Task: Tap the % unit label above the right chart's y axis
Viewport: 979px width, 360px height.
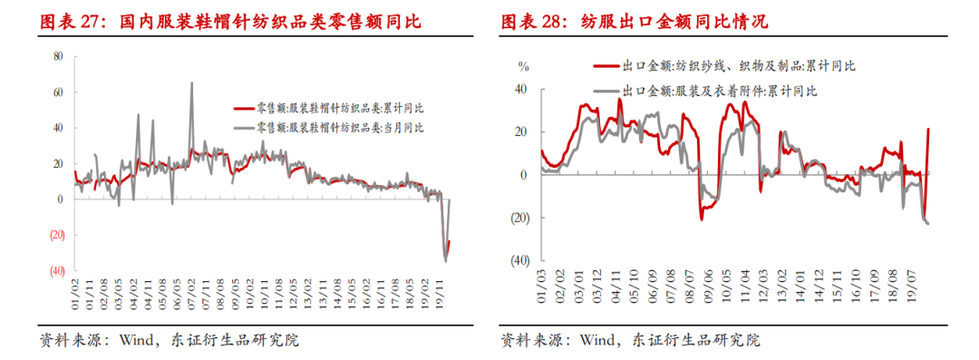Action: (x=522, y=65)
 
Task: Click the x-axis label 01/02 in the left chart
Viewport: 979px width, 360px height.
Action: (x=76, y=294)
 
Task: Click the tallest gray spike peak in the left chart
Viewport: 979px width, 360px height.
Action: (x=191, y=83)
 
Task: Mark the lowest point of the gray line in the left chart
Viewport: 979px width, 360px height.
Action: (x=445, y=261)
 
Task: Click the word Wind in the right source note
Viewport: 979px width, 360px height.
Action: (x=599, y=341)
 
